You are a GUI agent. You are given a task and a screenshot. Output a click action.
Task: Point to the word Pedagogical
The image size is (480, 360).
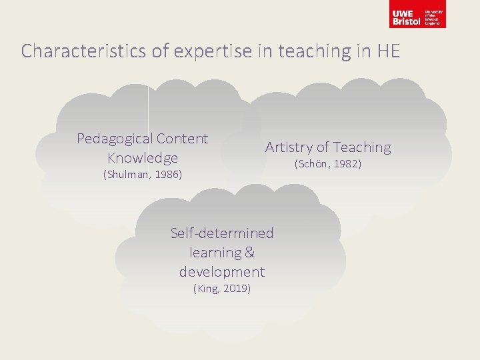[x=115, y=139]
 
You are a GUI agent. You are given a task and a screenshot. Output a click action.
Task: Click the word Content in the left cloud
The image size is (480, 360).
[x=182, y=139]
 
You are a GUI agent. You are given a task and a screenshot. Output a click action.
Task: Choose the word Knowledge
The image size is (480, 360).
[x=143, y=158]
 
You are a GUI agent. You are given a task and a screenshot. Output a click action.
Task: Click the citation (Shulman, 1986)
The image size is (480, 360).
[x=143, y=175]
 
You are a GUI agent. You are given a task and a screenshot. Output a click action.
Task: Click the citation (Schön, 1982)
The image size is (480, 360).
[x=328, y=164]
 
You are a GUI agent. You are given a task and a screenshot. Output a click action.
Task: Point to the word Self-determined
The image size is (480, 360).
[x=222, y=233]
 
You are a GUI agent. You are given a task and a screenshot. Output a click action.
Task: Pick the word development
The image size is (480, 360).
[x=222, y=272]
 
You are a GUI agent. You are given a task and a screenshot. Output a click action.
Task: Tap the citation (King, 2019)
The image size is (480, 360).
[x=222, y=289]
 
